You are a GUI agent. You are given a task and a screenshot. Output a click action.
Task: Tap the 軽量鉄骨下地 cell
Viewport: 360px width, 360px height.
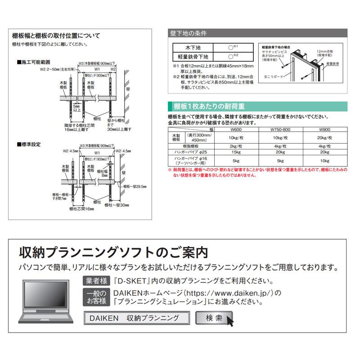coord(193,56)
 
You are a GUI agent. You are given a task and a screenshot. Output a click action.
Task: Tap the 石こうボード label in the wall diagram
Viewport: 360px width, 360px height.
coord(273,76)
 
